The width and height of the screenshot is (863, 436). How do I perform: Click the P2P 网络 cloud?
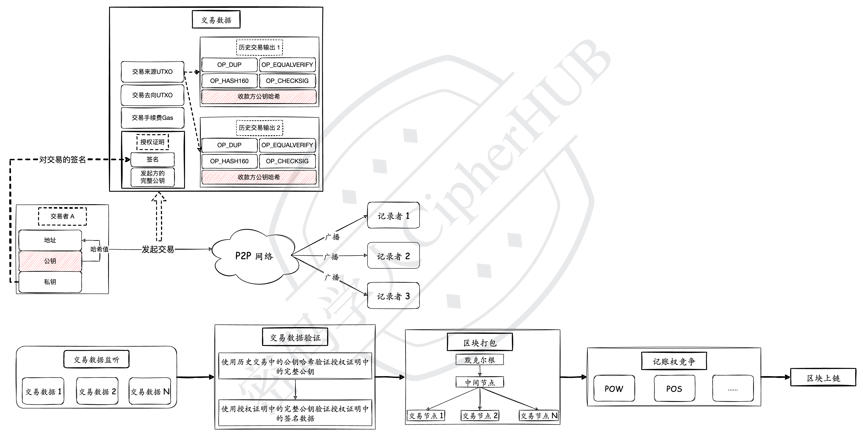(255, 256)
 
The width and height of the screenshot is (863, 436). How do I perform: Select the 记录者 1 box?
(393, 216)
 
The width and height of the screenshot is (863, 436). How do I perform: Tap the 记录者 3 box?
(393, 296)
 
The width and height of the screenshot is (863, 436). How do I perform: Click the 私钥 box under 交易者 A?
(50, 282)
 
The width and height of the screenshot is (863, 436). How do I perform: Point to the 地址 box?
(50, 240)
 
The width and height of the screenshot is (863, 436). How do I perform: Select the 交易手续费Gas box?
(152, 118)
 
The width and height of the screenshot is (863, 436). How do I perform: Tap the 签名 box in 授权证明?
(152, 159)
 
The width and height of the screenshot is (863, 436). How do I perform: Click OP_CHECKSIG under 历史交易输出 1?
(287, 81)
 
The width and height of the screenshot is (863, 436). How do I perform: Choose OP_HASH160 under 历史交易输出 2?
(229, 161)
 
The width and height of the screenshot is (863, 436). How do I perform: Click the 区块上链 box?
(823, 378)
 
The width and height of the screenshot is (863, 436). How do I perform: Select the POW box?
(614, 389)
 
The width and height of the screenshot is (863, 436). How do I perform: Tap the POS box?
(674, 389)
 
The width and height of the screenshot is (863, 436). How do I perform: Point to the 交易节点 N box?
(539, 416)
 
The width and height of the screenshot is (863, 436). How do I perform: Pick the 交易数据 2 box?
(97, 391)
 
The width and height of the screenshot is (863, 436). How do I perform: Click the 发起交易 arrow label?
(158, 249)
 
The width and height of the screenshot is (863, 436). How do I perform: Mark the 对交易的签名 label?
(63, 160)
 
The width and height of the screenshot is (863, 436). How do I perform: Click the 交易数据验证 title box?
(295, 338)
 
